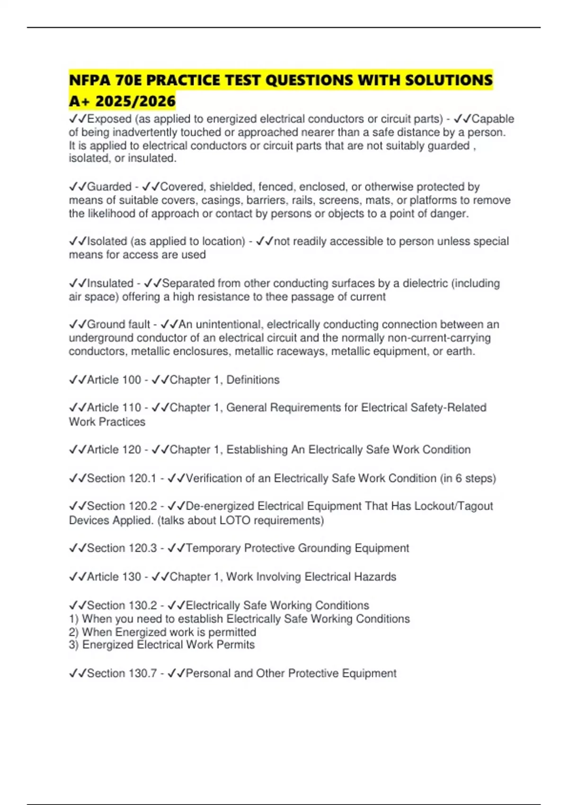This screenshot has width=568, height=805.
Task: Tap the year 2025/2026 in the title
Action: (135, 101)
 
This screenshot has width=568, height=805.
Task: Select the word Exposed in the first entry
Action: (109, 119)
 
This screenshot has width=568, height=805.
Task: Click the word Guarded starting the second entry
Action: (109, 187)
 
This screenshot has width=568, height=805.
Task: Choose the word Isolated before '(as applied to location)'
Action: (107, 241)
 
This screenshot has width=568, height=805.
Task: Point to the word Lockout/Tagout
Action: (453, 506)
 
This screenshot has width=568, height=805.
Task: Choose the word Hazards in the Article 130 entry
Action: (375, 577)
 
